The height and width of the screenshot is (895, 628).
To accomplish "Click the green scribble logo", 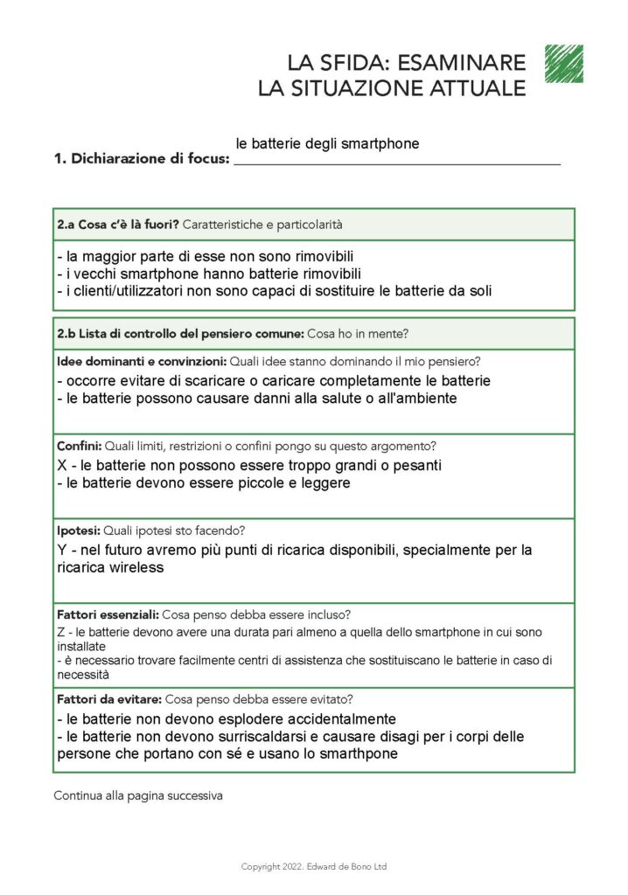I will click(x=563, y=63).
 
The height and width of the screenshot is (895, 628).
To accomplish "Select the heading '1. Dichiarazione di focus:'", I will click(x=142, y=159).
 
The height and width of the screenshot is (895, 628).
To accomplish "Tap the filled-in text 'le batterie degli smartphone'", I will click(x=327, y=143).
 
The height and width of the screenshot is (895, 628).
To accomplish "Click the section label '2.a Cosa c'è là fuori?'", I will click(x=117, y=225).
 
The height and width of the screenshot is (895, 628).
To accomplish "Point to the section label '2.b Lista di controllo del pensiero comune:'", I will click(x=180, y=334).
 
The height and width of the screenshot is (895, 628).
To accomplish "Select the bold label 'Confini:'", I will click(x=80, y=446).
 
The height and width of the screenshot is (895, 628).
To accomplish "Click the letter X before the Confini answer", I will click(x=62, y=465).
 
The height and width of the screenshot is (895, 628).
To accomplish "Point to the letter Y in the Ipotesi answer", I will click(x=62, y=550).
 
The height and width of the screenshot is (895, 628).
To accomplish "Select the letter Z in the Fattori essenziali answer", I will click(x=61, y=631).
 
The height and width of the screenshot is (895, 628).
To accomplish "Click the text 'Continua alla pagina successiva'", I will click(x=137, y=796).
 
